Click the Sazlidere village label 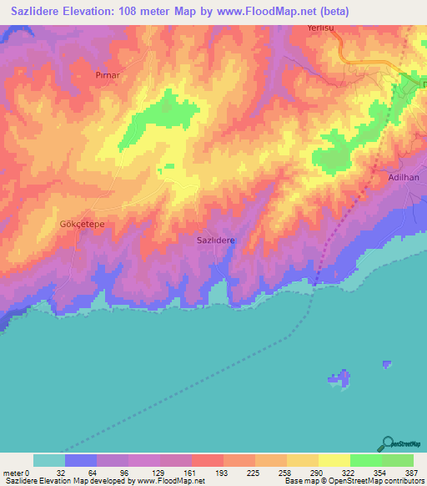point(215,240)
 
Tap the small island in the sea point(339,378)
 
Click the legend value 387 point(408,473)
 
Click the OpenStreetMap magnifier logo point(387,443)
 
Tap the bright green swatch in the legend point(365,460)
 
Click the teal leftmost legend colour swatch point(49,460)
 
